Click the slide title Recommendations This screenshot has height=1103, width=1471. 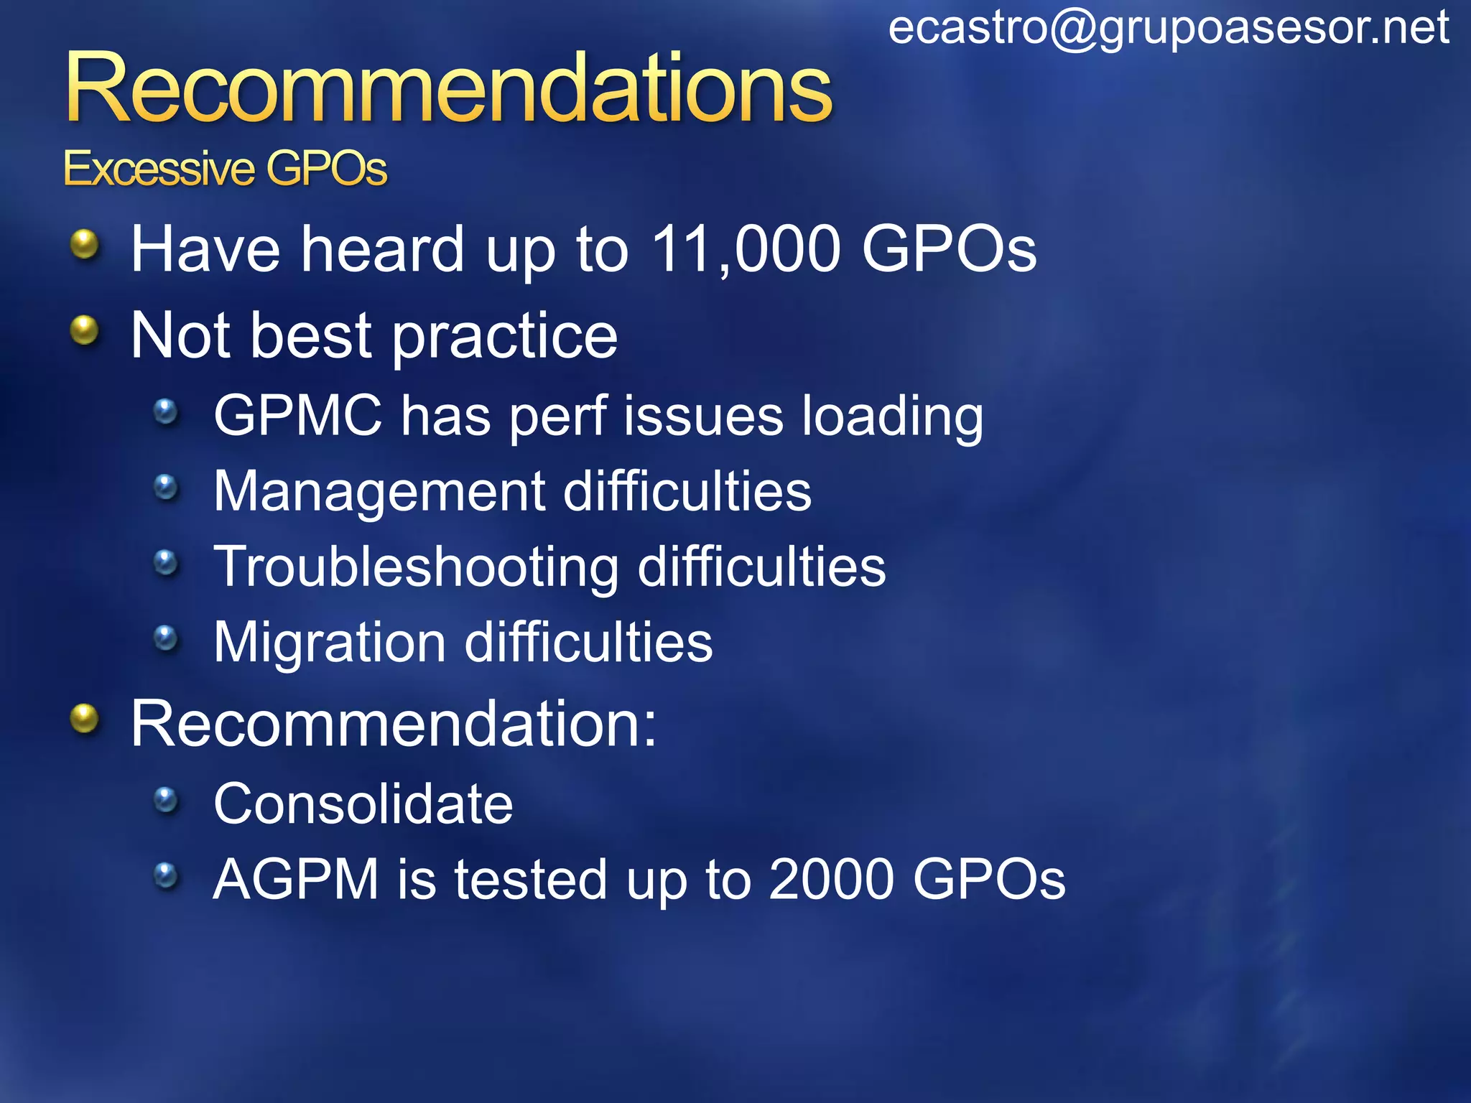click(x=448, y=90)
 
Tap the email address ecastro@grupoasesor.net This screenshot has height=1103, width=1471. click(x=1169, y=29)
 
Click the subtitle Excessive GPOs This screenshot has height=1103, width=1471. click(x=225, y=169)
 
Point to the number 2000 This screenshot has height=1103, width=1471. click(x=831, y=879)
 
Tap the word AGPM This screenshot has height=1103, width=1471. click(x=296, y=879)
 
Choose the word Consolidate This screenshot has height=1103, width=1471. click(x=363, y=804)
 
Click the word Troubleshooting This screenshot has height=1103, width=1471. click(x=417, y=567)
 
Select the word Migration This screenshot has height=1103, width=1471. click(x=330, y=642)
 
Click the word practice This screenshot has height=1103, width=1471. click(x=504, y=336)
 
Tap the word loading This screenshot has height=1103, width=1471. click(x=892, y=417)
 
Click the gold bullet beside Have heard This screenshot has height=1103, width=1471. click(x=85, y=245)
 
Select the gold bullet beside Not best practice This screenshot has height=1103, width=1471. click(x=85, y=331)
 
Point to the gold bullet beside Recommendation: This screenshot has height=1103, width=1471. click(x=85, y=719)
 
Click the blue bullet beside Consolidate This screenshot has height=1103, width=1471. click(x=166, y=799)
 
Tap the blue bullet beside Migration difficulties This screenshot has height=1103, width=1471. click(x=166, y=637)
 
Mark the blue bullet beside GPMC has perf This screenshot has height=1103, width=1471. click(x=166, y=411)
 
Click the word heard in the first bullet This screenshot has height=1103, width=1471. click(x=382, y=249)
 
